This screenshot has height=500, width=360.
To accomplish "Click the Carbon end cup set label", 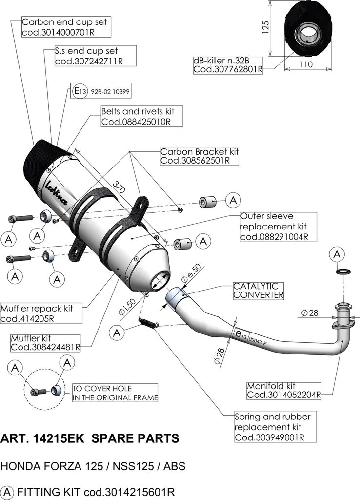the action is pos(66,27).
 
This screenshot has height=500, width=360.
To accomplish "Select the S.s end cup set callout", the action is pos(95,56).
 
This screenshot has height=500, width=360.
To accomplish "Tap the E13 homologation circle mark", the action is pos(80,91).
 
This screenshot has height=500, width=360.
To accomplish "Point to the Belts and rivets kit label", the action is pos(142,116).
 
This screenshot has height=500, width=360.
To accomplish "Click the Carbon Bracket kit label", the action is pos(200,156).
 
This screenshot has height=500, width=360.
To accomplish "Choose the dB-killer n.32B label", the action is pos(228,65).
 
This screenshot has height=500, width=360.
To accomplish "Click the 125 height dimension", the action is pos(265,27).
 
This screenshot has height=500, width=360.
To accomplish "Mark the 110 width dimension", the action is pos(306,64).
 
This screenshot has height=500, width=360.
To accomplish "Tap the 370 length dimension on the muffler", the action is pos(119,187).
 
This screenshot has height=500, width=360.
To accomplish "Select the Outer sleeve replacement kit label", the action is pos(279,227).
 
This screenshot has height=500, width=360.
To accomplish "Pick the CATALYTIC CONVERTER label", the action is pos(258,291).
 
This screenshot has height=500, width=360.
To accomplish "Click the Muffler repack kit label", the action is pos(41,313).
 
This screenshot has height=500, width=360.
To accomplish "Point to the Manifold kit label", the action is pos(284,391).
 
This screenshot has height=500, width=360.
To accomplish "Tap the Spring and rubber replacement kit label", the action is pos(275,427).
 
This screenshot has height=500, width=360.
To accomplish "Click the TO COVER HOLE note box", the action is pos(115,393).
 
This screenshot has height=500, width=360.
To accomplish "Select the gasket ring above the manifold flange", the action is pos(343,271).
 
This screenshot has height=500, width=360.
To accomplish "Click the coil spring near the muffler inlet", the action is pos(148,322).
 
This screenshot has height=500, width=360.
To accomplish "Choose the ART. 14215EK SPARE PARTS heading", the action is pos(90,439).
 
